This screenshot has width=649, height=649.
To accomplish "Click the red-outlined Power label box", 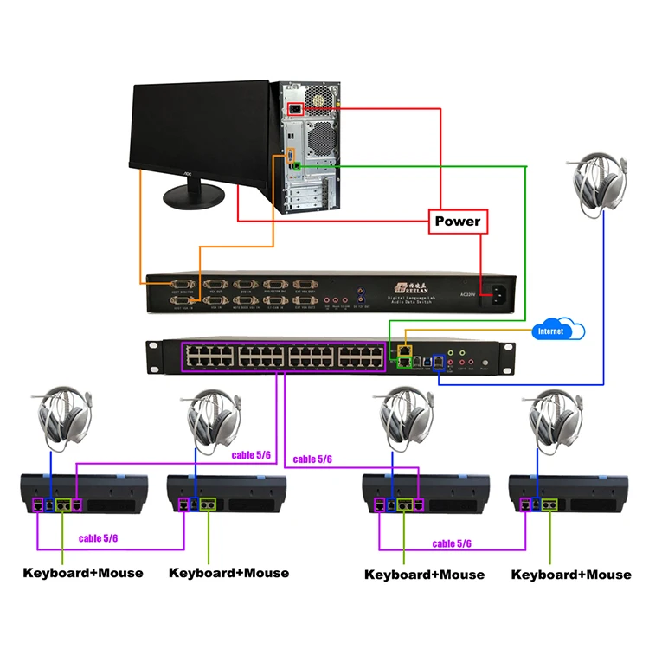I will (458, 222).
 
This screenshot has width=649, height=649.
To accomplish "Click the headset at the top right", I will (600, 182).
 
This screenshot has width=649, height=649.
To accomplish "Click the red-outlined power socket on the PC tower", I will (295, 109).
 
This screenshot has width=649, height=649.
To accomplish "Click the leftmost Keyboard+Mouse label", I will (83, 573).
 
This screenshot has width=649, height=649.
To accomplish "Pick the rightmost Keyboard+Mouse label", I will (571, 575).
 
